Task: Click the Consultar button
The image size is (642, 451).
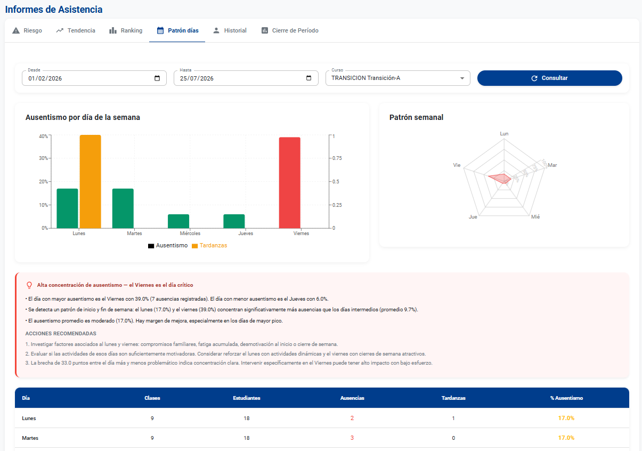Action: click(x=549, y=78)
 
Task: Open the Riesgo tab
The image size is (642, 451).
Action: click(x=27, y=30)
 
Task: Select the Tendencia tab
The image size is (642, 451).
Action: click(x=76, y=30)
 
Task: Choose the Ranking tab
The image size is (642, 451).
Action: click(x=126, y=30)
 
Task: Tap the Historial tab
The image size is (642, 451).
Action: click(x=230, y=30)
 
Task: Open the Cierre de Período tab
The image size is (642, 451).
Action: click(x=290, y=30)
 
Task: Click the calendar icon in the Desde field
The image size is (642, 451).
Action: click(x=157, y=78)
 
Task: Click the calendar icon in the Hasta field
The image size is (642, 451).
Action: click(x=308, y=78)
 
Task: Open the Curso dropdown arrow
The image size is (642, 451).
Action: click(x=462, y=78)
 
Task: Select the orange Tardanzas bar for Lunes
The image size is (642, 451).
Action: click(x=90, y=181)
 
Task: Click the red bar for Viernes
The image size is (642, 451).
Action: click(x=290, y=183)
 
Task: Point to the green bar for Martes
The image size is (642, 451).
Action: click(x=123, y=208)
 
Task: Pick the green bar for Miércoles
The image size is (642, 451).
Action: click(x=178, y=221)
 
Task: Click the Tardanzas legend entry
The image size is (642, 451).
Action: click(x=209, y=245)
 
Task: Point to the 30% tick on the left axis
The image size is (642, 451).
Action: click(x=43, y=158)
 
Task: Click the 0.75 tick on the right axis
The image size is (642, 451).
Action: click(x=337, y=158)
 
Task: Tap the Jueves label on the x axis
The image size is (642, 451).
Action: click(x=246, y=233)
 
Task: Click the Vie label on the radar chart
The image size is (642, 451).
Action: click(x=457, y=165)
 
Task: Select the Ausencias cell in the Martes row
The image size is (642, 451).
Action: click(x=352, y=438)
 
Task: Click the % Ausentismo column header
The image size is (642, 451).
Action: click(x=566, y=398)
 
